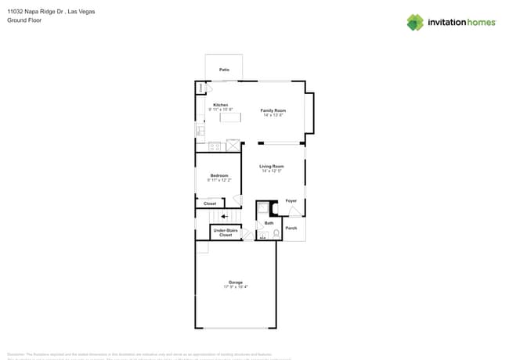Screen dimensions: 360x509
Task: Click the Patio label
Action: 224,70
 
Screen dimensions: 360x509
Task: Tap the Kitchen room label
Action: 221,105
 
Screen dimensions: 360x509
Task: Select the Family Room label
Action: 273,110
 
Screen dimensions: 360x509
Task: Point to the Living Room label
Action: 272,166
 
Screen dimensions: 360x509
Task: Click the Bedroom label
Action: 219,175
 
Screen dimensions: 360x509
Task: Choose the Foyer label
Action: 291,201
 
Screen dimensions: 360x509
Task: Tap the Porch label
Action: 291,228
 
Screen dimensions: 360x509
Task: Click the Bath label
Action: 269,223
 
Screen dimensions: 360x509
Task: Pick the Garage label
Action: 236,282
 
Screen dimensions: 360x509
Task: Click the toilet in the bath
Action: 276,233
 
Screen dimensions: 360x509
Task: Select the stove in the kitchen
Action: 214,146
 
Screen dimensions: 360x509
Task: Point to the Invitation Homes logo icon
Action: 415,22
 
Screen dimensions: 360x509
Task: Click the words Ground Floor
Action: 24,20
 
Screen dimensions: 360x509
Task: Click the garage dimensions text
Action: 236,286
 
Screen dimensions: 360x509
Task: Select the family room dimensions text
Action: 273,115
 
